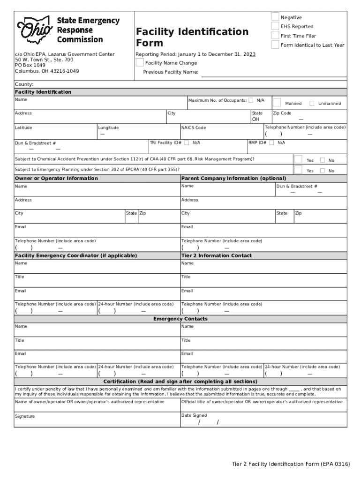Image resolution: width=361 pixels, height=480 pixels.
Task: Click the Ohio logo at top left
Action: tap(35, 30)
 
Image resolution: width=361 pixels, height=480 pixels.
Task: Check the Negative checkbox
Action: tap(275, 17)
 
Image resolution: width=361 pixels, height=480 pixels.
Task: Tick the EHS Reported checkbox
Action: tap(275, 26)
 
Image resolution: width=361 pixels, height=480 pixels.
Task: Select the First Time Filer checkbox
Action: tap(275, 36)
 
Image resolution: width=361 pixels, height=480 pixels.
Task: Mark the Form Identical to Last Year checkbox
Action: tap(275, 45)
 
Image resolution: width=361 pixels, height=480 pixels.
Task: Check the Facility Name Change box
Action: tap(139, 63)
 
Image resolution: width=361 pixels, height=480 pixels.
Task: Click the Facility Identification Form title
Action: tap(192, 37)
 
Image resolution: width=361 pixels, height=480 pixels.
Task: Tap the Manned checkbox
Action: tap(277, 103)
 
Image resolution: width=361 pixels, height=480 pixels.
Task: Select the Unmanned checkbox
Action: tap(312, 103)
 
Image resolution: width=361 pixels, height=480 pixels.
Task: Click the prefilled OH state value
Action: tap(256, 120)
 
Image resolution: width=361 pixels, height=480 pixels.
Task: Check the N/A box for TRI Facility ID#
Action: tap(187, 142)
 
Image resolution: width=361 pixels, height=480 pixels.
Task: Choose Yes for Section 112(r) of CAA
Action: tap(298, 159)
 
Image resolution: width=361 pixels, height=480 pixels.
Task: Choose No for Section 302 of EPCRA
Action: tap(322, 171)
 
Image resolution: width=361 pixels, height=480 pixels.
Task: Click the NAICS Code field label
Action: tap(193, 127)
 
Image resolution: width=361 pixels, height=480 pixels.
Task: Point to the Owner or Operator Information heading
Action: tap(56, 178)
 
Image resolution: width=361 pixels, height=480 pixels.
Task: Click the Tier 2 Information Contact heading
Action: tap(216, 255)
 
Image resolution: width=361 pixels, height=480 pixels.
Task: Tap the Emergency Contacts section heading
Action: tap(180, 319)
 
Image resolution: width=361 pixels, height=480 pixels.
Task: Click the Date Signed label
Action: tap(194, 415)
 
